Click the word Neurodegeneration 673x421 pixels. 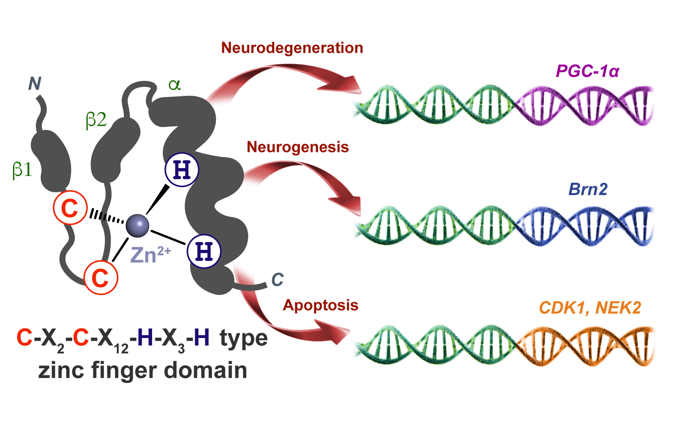292,48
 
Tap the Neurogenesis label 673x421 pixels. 298,147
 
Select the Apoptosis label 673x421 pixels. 320,305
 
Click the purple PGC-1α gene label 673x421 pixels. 588,71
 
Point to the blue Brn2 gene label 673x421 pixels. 588,189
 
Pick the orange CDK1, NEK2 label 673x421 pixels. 590,308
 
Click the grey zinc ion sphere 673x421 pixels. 137,225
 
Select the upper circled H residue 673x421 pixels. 182,170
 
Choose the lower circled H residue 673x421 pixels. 204,251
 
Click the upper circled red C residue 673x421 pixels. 70,208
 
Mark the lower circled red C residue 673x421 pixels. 101,277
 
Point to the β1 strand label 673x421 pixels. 22,170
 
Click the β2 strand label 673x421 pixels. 96,120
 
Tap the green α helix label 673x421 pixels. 174,85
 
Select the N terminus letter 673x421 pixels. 35,84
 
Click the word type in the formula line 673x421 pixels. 244,338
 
